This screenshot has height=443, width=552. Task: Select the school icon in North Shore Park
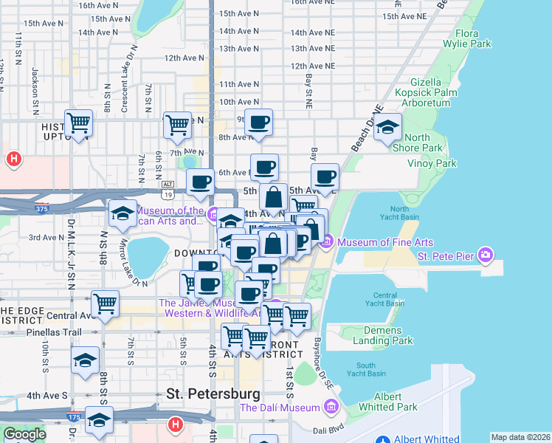(387, 128)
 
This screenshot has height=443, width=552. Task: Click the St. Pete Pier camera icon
(485, 255)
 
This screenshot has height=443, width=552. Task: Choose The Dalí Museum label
(280, 407)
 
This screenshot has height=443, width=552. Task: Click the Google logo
(24, 434)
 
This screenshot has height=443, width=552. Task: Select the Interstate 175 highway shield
(75, 416)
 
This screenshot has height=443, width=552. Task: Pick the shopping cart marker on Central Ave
(105, 303)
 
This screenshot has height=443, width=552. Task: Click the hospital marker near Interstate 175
(175, 424)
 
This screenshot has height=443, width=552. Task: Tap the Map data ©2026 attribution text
(520, 437)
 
